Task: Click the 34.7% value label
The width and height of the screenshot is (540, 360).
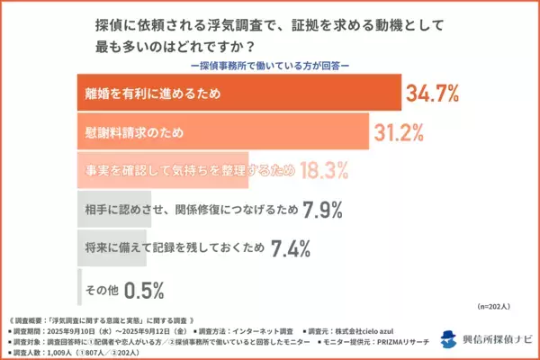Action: coord(436,92)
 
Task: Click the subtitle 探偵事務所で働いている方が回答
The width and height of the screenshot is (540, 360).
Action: coord(270,65)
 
